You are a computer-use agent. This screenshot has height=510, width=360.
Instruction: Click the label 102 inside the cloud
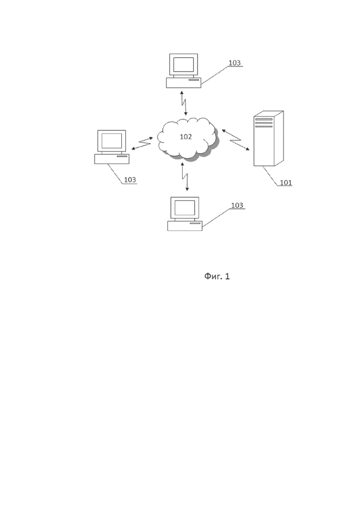[186, 137]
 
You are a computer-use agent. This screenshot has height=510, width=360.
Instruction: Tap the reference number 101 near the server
[286, 183]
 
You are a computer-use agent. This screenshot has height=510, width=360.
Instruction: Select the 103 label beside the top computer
[234, 63]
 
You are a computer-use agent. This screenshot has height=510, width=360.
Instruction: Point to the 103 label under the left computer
[130, 180]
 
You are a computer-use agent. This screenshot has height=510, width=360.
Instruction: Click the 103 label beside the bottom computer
[237, 205]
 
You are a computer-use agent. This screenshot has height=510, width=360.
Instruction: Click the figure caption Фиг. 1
[217, 276]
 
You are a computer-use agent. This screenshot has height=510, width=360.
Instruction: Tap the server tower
[268, 139]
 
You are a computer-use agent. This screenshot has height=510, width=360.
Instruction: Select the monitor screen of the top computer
[184, 64]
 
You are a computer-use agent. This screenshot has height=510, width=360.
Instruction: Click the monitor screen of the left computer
[111, 140]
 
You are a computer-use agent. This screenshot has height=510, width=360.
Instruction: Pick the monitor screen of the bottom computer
[185, 208]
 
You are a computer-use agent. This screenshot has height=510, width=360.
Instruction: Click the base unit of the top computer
[184, 83]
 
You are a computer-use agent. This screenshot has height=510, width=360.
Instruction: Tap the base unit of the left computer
[112, 159]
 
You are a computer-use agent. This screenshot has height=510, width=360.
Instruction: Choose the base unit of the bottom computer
[185, 226]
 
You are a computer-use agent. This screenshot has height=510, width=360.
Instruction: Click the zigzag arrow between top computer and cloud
[184, 103]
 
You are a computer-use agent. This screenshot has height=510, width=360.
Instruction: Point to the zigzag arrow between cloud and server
[236, 140]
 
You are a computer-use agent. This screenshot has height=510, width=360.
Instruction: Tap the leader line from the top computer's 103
[215, 75]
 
